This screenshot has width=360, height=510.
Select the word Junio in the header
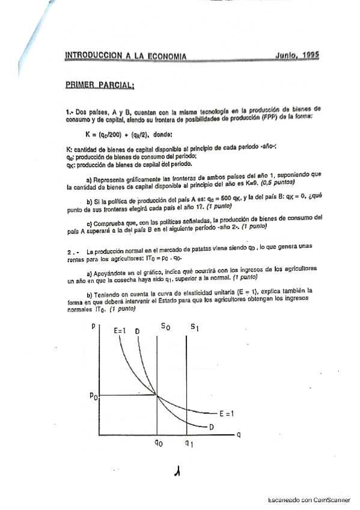tap(279, 55)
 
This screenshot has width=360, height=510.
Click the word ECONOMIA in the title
tap(161, 57)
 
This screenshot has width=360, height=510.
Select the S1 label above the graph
tap(194, 327)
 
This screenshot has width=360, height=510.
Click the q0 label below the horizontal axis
tap(157, 446)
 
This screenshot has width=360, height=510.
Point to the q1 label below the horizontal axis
tap(189, 446)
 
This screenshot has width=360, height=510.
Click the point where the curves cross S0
tap(157, 395)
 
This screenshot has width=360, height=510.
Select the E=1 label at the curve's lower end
tap(226, 413)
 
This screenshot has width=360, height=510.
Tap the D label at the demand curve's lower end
tap(212, 427)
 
